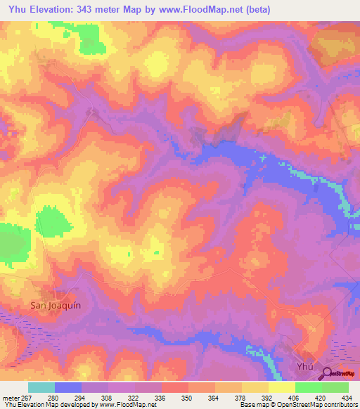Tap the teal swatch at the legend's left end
coord(41,387)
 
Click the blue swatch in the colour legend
coord(68,387)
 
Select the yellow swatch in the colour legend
coord(255,387)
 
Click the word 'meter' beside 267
coord(13,398)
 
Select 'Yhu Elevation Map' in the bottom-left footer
coord(30,405)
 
